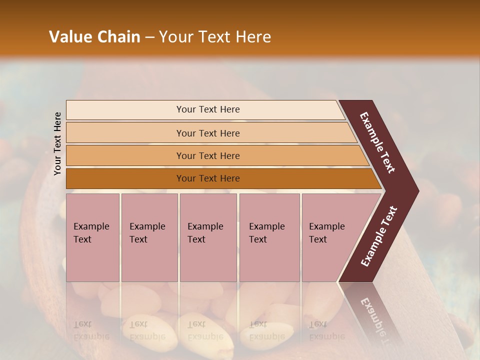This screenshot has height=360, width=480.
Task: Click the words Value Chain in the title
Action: (x=94, y=37)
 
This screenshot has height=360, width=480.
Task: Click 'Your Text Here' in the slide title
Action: (x=215, y=37)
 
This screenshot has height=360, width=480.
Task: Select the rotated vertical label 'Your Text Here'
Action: (x=57, y=143)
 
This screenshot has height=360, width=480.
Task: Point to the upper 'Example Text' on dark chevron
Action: (x=377, y=142)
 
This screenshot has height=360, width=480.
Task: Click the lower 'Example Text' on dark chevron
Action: (x=378, y=236)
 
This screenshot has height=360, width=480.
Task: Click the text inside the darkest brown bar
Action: (x=208, y=178)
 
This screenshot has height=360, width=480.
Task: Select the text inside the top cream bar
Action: (x=208, y=109)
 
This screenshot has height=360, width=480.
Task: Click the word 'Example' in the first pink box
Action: (x=91, y=226)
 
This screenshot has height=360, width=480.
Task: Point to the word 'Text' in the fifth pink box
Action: (x=317, y=239)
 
